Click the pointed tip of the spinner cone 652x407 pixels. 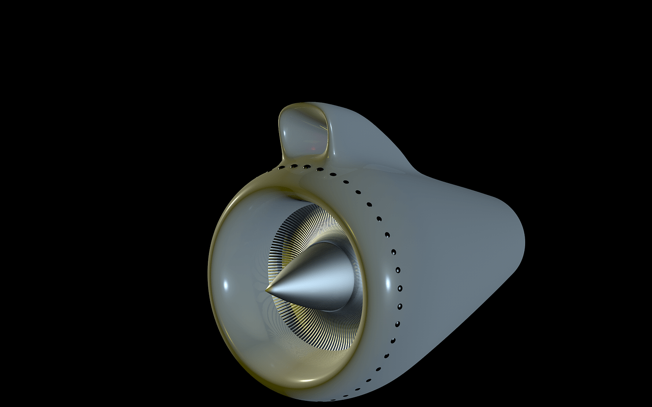tap(267, 291)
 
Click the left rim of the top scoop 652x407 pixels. tap(281, 130)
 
